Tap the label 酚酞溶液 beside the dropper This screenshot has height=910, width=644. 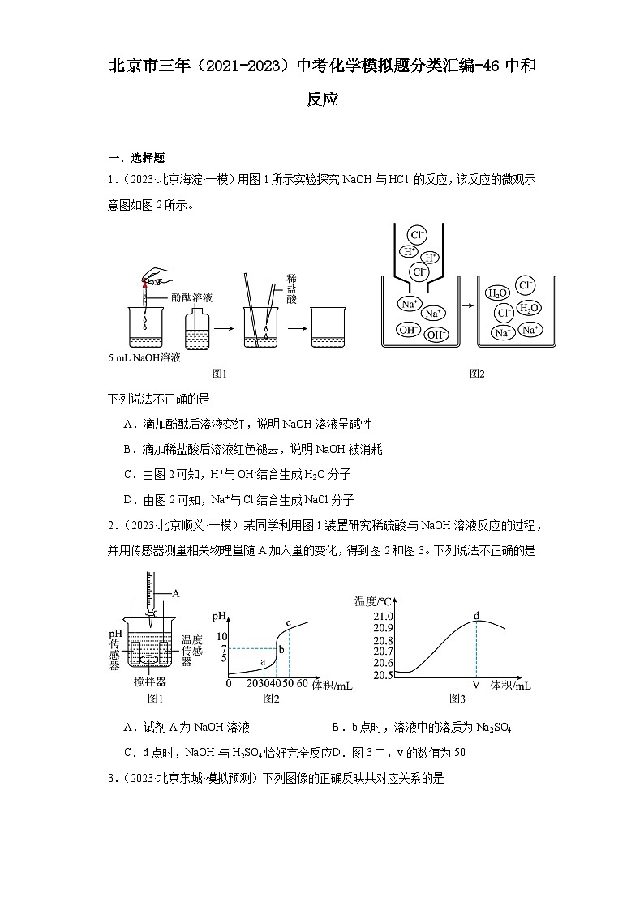tap(191, 297)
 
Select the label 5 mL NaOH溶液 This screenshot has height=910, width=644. tap(144, 357)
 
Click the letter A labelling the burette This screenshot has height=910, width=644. tap(175, 593)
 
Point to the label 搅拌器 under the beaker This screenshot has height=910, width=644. tap(150, 682)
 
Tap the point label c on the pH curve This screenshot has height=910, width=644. tap(288, 623)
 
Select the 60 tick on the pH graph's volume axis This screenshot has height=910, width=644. tap(302, 684)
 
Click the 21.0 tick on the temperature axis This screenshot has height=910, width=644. tap(383, 617)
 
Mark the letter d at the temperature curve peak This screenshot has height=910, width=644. tap(476, 616)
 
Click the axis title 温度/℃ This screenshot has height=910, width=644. tap(373, 600)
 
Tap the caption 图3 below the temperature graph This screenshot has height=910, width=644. tap(457, 699)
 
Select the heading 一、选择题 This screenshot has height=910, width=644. tap(136, 158)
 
